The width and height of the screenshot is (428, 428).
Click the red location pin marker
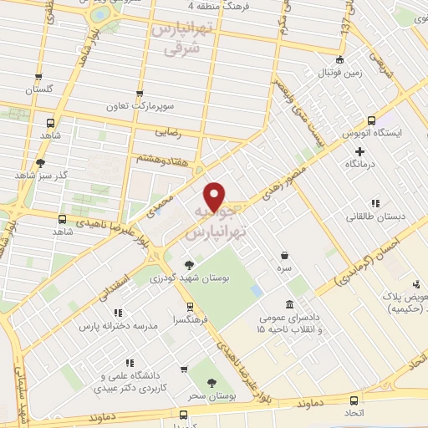pos(215,196)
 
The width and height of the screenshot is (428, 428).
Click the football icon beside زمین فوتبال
pos(339,59)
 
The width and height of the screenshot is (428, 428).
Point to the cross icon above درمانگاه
pos(360,151)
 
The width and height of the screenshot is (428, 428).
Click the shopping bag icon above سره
pos(285,255)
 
